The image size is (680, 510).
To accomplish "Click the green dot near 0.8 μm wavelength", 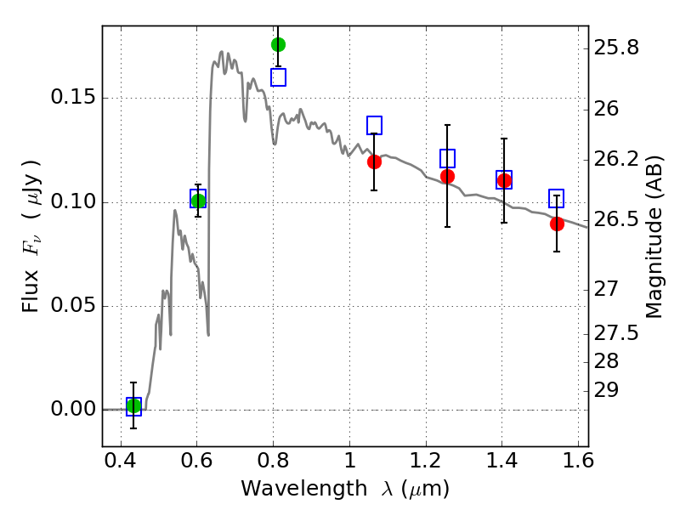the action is tap(278, 45).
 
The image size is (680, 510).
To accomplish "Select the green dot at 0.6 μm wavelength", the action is tap(198, 201).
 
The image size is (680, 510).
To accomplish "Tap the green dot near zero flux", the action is tap(133, 406).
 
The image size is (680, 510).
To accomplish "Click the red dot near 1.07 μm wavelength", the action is tap(374, 161).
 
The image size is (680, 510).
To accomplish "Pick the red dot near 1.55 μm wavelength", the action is tap(557, 224).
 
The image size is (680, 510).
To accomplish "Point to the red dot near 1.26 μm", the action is tap(447, 177).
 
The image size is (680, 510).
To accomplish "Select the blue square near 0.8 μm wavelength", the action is tap(279, 77).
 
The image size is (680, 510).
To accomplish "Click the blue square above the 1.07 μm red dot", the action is tap(374, 125).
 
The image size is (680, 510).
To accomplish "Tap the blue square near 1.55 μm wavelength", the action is tap(557, 198).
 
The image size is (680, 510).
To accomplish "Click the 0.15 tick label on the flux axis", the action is tap(73, 97).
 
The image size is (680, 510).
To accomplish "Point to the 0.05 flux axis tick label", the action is tap(73, 305).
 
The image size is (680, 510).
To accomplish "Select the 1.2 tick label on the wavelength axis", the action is tap(426, 461).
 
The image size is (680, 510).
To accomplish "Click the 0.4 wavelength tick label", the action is tap(121, 461).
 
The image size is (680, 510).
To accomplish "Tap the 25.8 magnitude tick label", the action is tap(616, 48).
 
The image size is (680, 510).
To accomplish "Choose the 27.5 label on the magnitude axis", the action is tap(616, 333).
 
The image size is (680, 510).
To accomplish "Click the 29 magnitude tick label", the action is tap(606, 390).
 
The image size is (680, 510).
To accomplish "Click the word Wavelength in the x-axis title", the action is tap(304, 489).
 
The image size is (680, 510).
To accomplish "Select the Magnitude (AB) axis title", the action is tap(654, 237).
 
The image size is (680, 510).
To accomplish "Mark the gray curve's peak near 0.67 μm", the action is tap(222, 52).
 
